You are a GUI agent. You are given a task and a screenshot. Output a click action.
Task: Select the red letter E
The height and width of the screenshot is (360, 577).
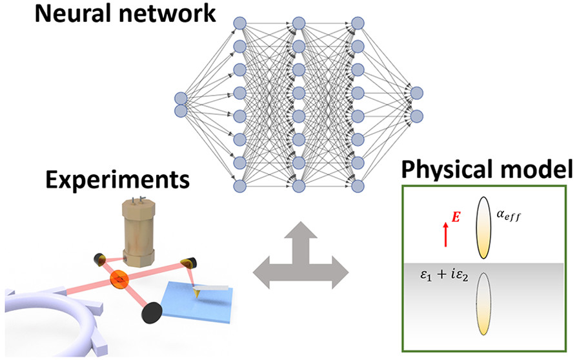[455, 218]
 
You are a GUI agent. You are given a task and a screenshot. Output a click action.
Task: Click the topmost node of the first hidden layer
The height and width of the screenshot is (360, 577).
[239, 23]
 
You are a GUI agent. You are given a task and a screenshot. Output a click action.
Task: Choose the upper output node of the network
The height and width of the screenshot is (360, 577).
[416, 93]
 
